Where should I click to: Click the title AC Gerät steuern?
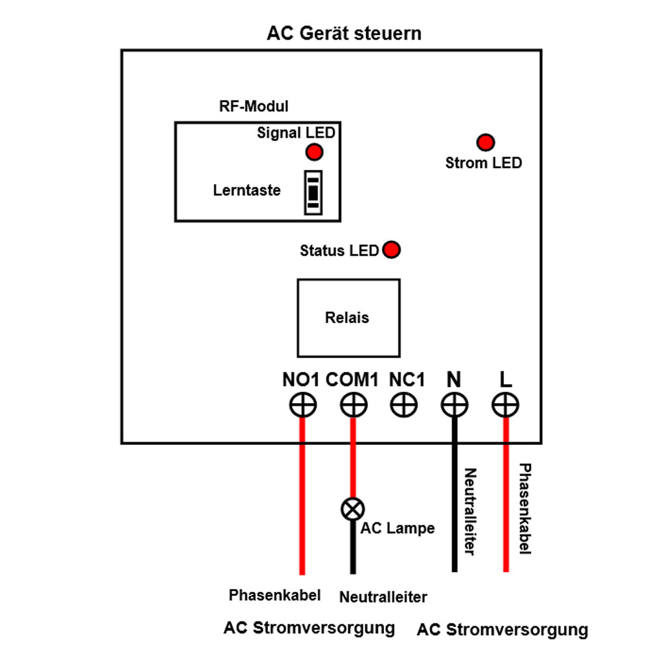pyautogui.click(x=344, y=33)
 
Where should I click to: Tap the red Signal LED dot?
pyautogui.click(x=314, y=152)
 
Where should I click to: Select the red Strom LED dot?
pyautogui.click(x=486, y=142)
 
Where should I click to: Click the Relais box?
pyautogui.click(x=348, y=318)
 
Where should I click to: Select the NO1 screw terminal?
pyautogui.click(x=303, y=404)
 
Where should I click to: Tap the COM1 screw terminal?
pyautogui.click(x=354, y=404)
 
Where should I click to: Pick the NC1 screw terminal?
pyautogui.click(x=404, y=404)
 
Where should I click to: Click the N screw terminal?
pyautogui.click(x=454, y=404)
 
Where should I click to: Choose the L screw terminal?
pyautogui.click(x=505, y=404)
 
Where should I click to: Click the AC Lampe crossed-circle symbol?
pyautogui.click(x=352, y=508)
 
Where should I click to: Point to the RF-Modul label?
pyautogui.click(x=254, y=106)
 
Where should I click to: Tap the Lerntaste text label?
pyautogui.click(x=247, y=191)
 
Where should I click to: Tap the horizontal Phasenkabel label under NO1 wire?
pyautogui.click(x=275, y=594)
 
